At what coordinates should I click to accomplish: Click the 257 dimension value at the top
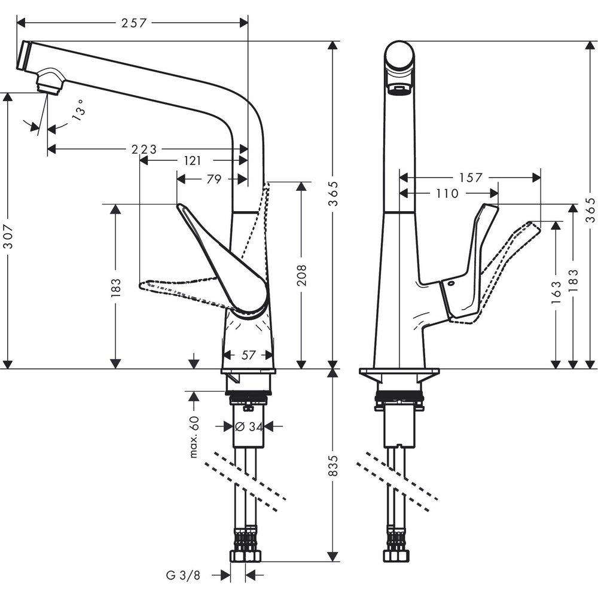(x=134, y=23)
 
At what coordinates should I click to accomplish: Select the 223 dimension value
(x=144, y=149)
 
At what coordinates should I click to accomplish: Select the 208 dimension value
(x=301, y=276)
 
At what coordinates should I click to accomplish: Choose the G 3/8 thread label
(x=183, y=575)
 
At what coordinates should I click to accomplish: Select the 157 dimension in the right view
(x=471, y=178)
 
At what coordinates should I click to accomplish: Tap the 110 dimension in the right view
(x=447, y=193)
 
